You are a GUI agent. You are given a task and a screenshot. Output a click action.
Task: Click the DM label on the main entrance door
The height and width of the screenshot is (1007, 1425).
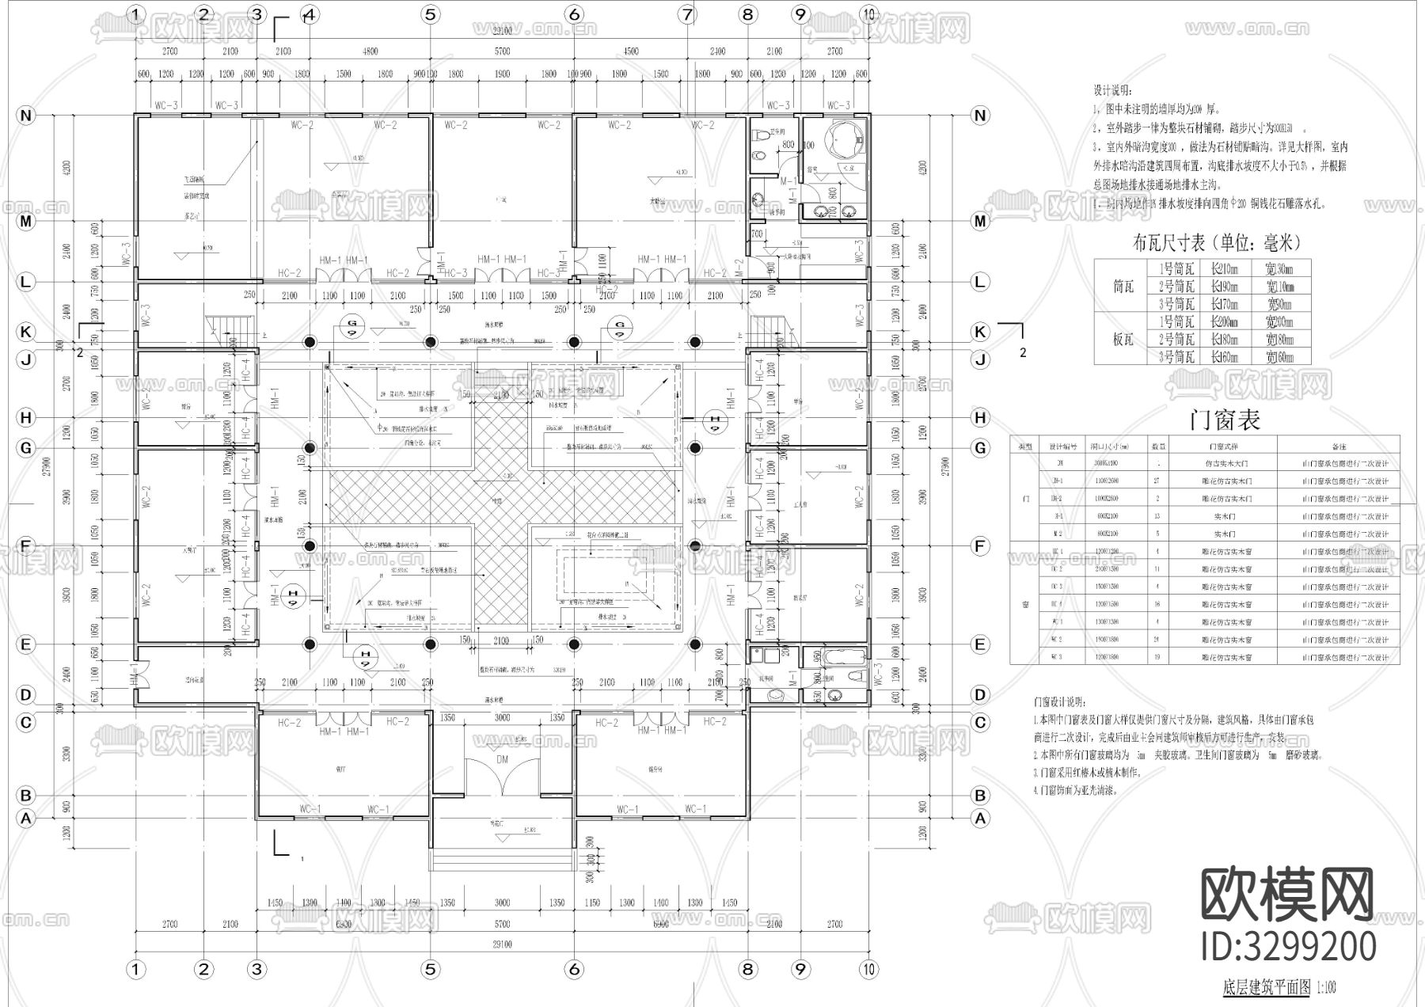(502, 758)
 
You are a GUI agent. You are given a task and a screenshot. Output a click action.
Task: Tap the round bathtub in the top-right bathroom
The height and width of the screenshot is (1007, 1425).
(842, 142)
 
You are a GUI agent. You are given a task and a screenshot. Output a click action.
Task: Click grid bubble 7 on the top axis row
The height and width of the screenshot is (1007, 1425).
(686, 13)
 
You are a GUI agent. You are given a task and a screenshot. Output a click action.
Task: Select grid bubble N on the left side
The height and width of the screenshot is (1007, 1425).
(26, 116)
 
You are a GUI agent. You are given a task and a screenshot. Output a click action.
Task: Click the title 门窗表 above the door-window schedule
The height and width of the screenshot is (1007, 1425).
(1224, 420)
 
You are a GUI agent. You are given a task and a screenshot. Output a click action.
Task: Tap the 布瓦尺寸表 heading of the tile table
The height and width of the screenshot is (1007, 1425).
(1217, 242)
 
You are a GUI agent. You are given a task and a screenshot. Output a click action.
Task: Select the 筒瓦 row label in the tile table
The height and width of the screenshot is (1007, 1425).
(1123, 287)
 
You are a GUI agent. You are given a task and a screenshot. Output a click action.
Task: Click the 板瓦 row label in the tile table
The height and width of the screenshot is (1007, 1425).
(1123, 339)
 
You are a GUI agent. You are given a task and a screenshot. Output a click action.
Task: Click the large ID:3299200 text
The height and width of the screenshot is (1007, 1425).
(1288, 946)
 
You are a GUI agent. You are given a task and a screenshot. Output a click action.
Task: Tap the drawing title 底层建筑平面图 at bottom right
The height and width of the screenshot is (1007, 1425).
(1267, 987)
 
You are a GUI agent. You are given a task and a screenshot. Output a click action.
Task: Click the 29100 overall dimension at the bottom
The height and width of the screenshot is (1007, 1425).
(502, 944)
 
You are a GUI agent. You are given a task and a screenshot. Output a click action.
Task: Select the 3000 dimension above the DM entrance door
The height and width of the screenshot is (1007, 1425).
(502, 717)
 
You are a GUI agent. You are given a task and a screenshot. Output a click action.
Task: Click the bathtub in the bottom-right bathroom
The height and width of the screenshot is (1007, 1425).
(845, 656)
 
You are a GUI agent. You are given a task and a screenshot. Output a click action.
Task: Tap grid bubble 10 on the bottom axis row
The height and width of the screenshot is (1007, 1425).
(869, 969)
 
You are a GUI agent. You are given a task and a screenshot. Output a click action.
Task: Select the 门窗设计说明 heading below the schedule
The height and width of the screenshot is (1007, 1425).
(1060, 702)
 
